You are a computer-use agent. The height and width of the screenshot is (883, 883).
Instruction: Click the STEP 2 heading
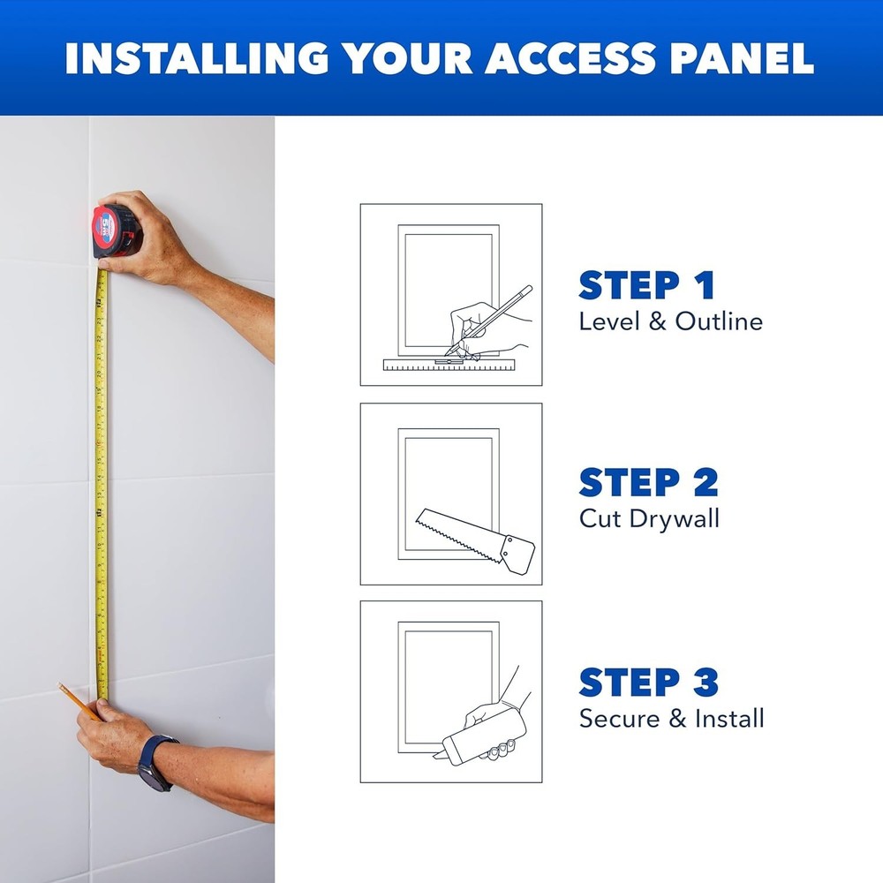point(648,482)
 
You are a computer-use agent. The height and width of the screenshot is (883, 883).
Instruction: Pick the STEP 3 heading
point(648,682)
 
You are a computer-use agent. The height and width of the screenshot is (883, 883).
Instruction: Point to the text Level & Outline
point(670,321)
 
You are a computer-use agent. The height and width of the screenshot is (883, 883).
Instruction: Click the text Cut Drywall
point(649,518)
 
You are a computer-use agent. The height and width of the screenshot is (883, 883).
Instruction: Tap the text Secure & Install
point(671,718)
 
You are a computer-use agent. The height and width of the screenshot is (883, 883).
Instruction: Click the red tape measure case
point(115,230)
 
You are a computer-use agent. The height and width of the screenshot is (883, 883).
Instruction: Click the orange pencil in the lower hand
point(77,699)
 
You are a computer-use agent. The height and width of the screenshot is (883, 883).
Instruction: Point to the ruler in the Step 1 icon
point(450,364)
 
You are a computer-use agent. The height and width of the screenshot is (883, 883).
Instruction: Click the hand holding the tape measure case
point(155,238)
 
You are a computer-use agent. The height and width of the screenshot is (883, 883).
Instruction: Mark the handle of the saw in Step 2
point(517,551)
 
